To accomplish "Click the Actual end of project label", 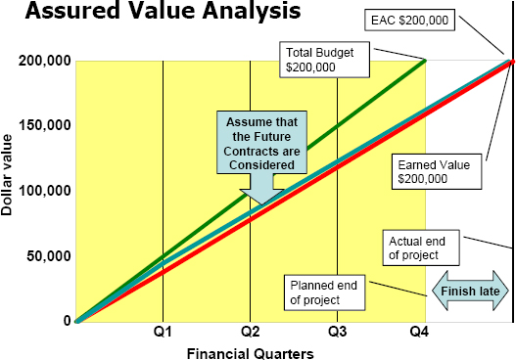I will coord(422,248).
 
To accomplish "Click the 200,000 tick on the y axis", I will coord(44,61).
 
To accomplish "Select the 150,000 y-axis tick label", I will coord(44,125).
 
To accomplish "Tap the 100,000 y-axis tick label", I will coord(44,191).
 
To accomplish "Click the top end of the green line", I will coord(425,61).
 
